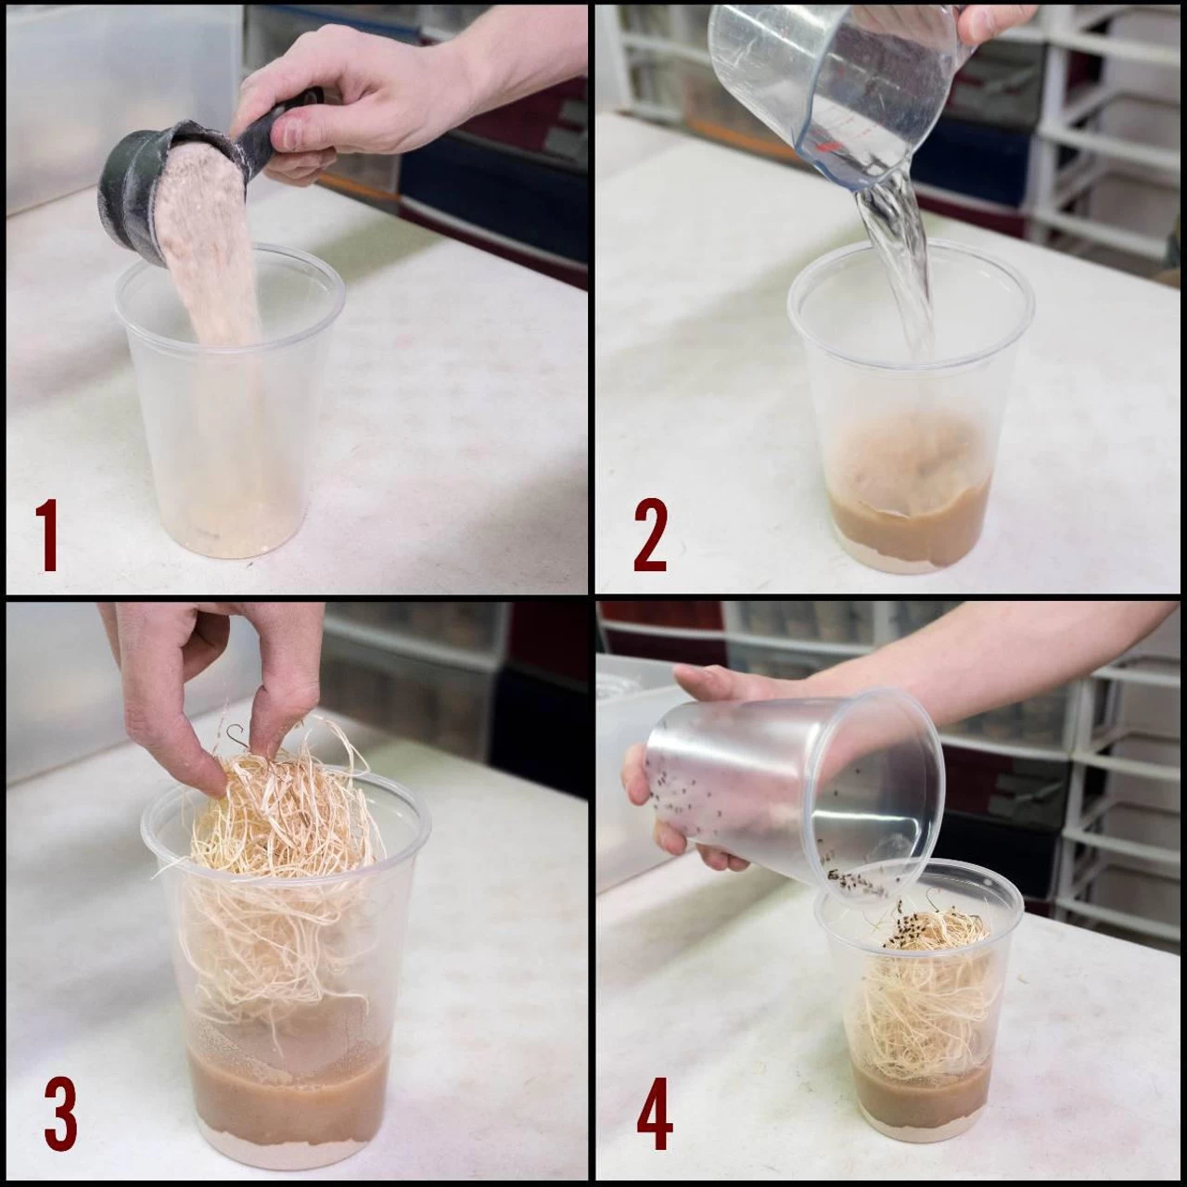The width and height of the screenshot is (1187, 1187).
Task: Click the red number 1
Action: coord(46,536)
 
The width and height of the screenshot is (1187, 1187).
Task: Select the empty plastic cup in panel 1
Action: coord(231,401)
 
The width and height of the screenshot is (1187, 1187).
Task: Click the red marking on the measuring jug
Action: coord(823,147)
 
